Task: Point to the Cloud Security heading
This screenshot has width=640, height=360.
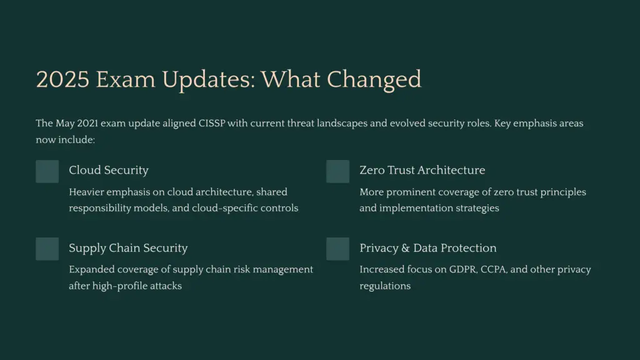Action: click(109, 170)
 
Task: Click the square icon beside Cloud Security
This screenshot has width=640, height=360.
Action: click(47, 171)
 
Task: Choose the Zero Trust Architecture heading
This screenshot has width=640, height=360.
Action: click(422, 170)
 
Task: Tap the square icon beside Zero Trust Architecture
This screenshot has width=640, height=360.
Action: click(337, 171)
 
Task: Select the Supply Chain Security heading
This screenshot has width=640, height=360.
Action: click(128, 248)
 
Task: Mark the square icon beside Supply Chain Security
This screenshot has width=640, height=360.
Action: click(47, 249)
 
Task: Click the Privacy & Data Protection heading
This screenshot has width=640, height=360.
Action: click(427, 248)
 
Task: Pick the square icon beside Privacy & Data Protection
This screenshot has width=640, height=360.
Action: click(337, 249)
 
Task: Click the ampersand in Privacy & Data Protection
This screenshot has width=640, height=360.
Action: click(406, 248)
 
